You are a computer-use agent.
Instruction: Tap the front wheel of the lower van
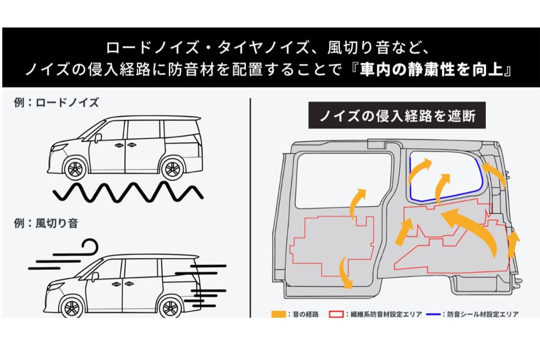72,308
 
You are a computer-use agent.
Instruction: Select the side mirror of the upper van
98,137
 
